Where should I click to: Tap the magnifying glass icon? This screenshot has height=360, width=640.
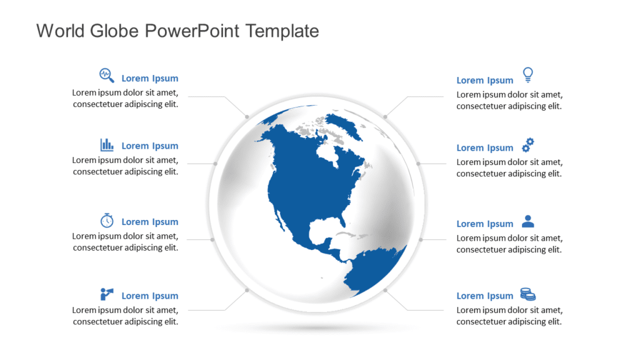click(x=107, y=76)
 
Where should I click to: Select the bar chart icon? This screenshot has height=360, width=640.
click(x=107, y=145)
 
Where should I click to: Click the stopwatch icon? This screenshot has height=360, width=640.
click(x=107, y=220)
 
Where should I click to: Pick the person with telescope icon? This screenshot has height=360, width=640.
click(x=107, y=294)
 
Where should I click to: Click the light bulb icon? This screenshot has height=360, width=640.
click(x=528, y=75)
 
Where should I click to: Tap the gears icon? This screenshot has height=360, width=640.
click(x=528, y=145)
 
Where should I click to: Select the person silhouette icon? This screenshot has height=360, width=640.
click(x=528, y=221)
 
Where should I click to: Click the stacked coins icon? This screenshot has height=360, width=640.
click(x=528, y=294)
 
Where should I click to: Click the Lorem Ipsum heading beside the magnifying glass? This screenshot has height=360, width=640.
click(x=150, y=78)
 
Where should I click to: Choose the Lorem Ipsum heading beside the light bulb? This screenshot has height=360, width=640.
click(x=485, y=80)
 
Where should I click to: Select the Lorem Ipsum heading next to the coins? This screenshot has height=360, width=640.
click(x=485, y=296)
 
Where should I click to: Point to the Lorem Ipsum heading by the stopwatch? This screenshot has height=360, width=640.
click(x=150, y=222)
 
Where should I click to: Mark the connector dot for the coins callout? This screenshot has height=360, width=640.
click(x=386, y=291)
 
